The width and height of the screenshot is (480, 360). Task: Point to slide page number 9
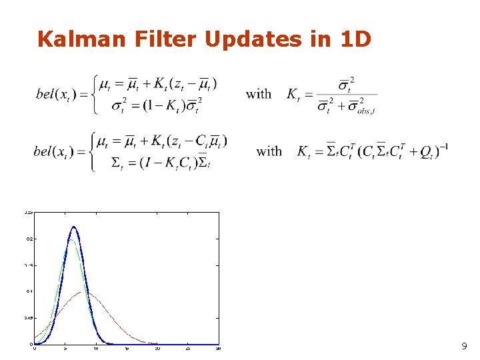tap(464, 347)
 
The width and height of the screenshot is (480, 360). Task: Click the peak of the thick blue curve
tap(73, 227)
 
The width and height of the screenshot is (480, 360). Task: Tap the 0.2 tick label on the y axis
tap(29, 238)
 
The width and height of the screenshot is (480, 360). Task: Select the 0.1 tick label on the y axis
tap(29, 291)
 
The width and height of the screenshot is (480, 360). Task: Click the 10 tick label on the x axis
tap(96, 349)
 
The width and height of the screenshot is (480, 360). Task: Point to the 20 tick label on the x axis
tap(157, 349)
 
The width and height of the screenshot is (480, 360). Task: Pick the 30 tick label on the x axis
tap(218, 349)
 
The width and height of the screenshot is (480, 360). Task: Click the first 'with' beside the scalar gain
tap(259, 94)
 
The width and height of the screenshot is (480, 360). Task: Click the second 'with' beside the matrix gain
tap(269, 151)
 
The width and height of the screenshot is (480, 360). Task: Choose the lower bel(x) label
tap(57, 151)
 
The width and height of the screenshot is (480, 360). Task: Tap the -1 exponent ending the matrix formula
tap(443, 145)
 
